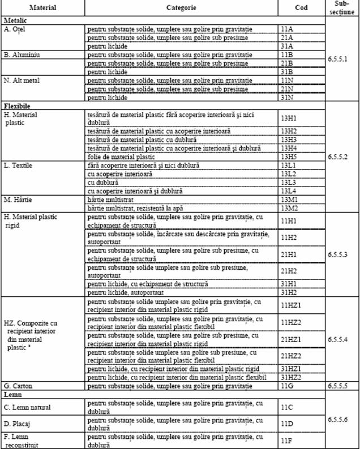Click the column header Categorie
coord(181,8)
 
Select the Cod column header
coord(301,8)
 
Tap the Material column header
coord(43,8)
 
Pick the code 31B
coord(287,72)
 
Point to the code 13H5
coord(289,156)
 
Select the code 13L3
coord(289,183)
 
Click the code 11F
coord(286,440)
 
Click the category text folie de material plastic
coord(121,156)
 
